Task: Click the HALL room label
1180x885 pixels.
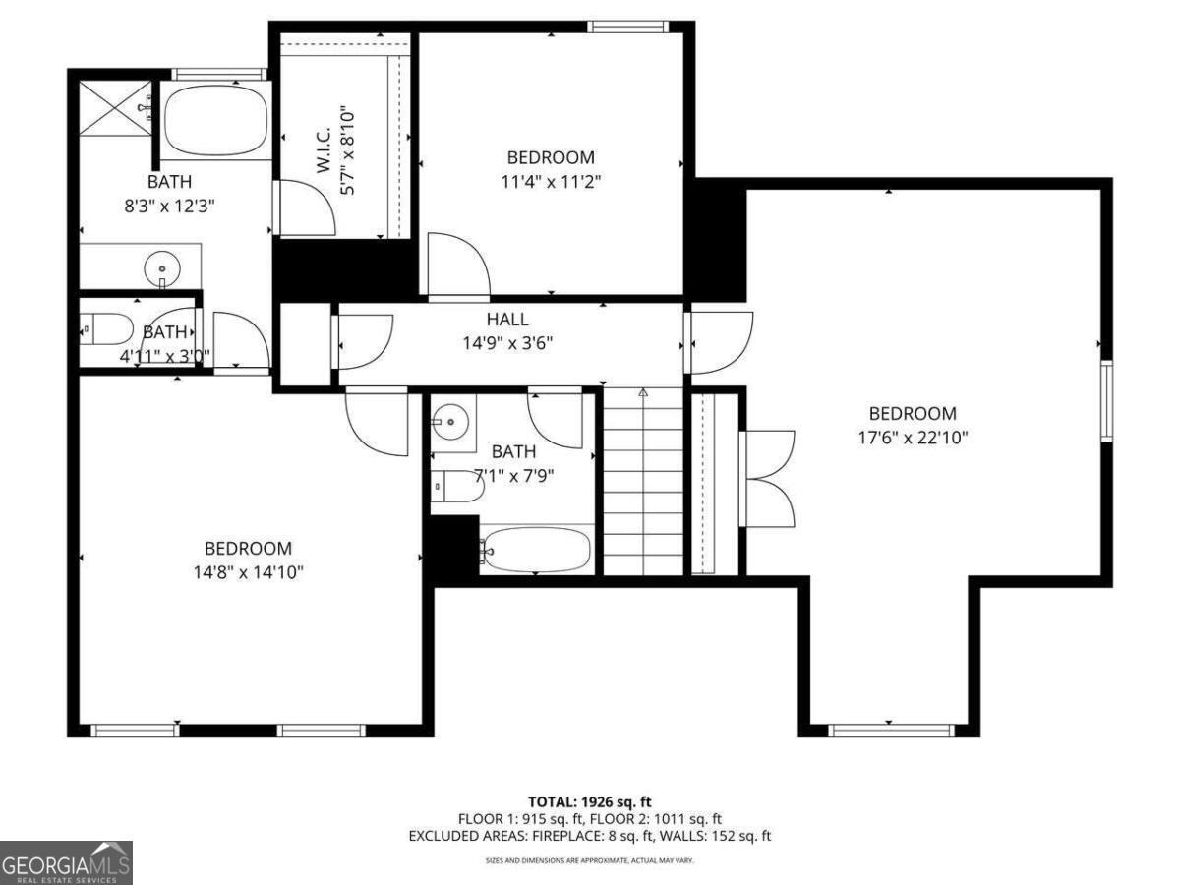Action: pos(506,320)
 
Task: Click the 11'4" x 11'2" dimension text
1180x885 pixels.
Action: pos(551,181)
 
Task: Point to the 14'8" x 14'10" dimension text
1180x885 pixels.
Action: pos(248,572)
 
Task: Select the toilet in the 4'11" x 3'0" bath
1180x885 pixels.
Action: pos(107,328)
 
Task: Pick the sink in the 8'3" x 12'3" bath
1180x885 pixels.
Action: pos(160,266)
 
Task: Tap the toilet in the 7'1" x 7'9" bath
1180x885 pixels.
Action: pos(456,486)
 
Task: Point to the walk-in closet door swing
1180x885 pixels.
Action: pos(307,207)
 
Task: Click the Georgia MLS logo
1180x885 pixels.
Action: pos(66,862)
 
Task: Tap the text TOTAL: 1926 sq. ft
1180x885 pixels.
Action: pos(589,802)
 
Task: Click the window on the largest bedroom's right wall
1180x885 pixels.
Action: pos(1106,400)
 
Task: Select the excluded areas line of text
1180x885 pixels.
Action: pos(589,836)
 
